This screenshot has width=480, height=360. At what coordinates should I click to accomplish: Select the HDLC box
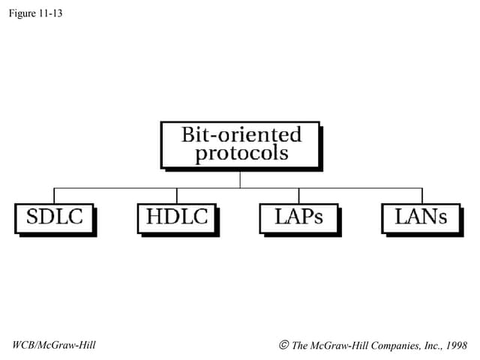(x=177, y=217)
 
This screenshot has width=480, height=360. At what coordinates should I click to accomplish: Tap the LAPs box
(x=298, y=217)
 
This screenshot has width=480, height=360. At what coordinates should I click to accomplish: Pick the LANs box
(x=421, y=217)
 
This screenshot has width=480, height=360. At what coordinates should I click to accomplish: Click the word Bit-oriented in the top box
(x=241, y=135)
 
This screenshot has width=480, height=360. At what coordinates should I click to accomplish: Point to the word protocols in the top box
(x=241, y=154)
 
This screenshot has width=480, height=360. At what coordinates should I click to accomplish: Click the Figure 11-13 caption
(x=36, y=13)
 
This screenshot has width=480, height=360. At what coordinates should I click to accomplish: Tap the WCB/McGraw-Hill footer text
(x=54, y=345)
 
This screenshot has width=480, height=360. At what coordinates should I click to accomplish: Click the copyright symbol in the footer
(x=283, y=345)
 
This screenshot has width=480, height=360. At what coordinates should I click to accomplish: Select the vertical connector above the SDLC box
(x=54, y=195)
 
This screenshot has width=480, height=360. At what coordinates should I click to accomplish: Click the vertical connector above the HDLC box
(x=177, y=195)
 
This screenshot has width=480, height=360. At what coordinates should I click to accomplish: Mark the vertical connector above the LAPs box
(x=298, y=195)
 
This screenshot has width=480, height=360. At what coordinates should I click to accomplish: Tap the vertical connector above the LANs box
(x=421, y=195)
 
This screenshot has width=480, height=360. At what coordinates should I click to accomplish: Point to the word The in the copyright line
(x=299, y=345)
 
